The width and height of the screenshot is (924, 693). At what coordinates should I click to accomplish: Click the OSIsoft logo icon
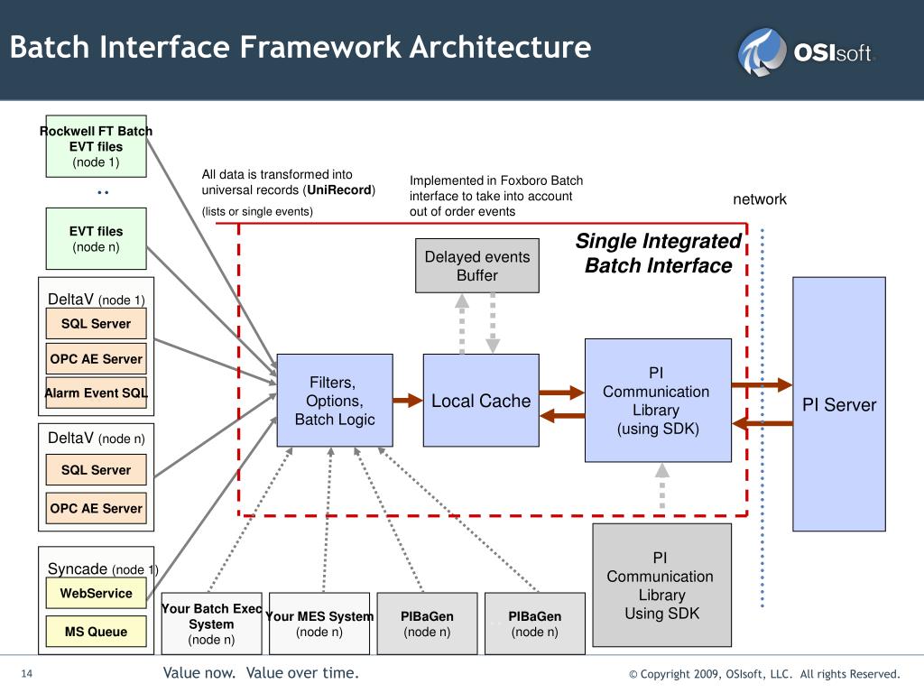tap(762, 51)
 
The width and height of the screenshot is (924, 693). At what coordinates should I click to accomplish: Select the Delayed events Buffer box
tap(476, 266)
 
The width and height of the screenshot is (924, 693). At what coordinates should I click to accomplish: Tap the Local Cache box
tap(481, 400)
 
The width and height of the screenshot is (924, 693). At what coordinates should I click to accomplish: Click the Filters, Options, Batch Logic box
tap(335, 400)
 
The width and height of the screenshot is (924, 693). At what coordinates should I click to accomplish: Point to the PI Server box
tap(839, 404)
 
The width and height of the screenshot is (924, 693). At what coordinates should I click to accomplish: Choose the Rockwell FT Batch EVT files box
tap(96, 146)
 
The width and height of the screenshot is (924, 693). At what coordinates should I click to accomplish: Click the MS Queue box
tap(96, 631)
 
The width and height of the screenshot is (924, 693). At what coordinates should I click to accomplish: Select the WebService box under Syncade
tap(96, 593)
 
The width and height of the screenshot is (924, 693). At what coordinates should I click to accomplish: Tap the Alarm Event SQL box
tap(96, 393)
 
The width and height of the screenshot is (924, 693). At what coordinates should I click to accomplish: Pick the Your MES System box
tap(319, 624)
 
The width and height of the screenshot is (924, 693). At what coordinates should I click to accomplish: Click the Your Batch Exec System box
tap(211, 624)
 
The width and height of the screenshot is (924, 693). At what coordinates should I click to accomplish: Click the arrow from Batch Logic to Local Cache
tap(408, 401)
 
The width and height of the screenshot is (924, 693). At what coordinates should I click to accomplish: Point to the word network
tap(760, 199)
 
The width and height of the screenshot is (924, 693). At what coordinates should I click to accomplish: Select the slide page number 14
tap(27, 673)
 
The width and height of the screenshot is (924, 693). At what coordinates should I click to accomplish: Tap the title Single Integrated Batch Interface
tap(658, 254)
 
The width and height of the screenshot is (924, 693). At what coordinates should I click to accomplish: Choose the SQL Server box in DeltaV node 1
tap(96, 324)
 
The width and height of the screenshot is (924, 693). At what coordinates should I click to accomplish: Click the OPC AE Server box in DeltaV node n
tap(96, 509)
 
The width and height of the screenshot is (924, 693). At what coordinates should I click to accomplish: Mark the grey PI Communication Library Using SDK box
tap(661, 585)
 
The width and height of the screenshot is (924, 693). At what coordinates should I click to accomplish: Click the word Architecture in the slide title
tap(500, 47)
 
